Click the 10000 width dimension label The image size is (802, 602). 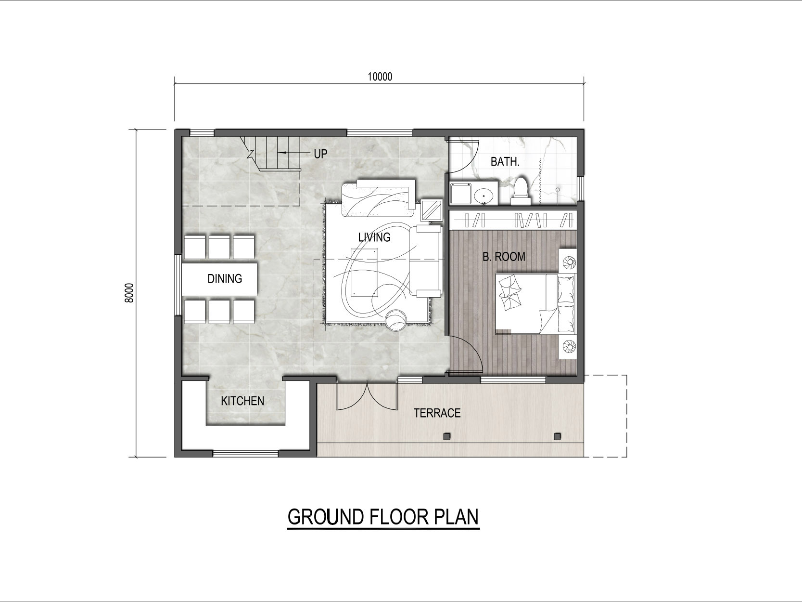380,77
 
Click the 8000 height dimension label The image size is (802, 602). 129,293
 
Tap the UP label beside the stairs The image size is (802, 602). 320,154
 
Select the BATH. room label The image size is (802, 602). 505,162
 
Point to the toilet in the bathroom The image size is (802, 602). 521,191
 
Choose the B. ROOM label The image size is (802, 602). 504,257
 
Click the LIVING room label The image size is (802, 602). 374,237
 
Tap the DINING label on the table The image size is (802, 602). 225,279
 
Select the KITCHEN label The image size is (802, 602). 242,401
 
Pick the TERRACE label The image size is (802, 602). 437,413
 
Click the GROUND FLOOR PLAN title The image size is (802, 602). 383,516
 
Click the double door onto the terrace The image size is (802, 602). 367,396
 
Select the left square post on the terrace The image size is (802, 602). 447,436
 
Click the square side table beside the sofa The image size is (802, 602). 432,210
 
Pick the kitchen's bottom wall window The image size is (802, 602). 245,454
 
